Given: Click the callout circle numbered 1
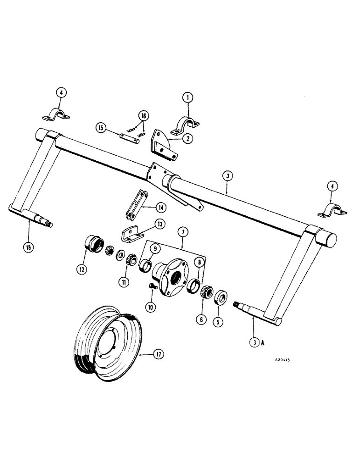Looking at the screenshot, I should tap(187, 98).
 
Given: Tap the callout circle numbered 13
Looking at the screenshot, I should tap(160, 224).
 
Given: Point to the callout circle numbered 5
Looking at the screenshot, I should tap(216, 321).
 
